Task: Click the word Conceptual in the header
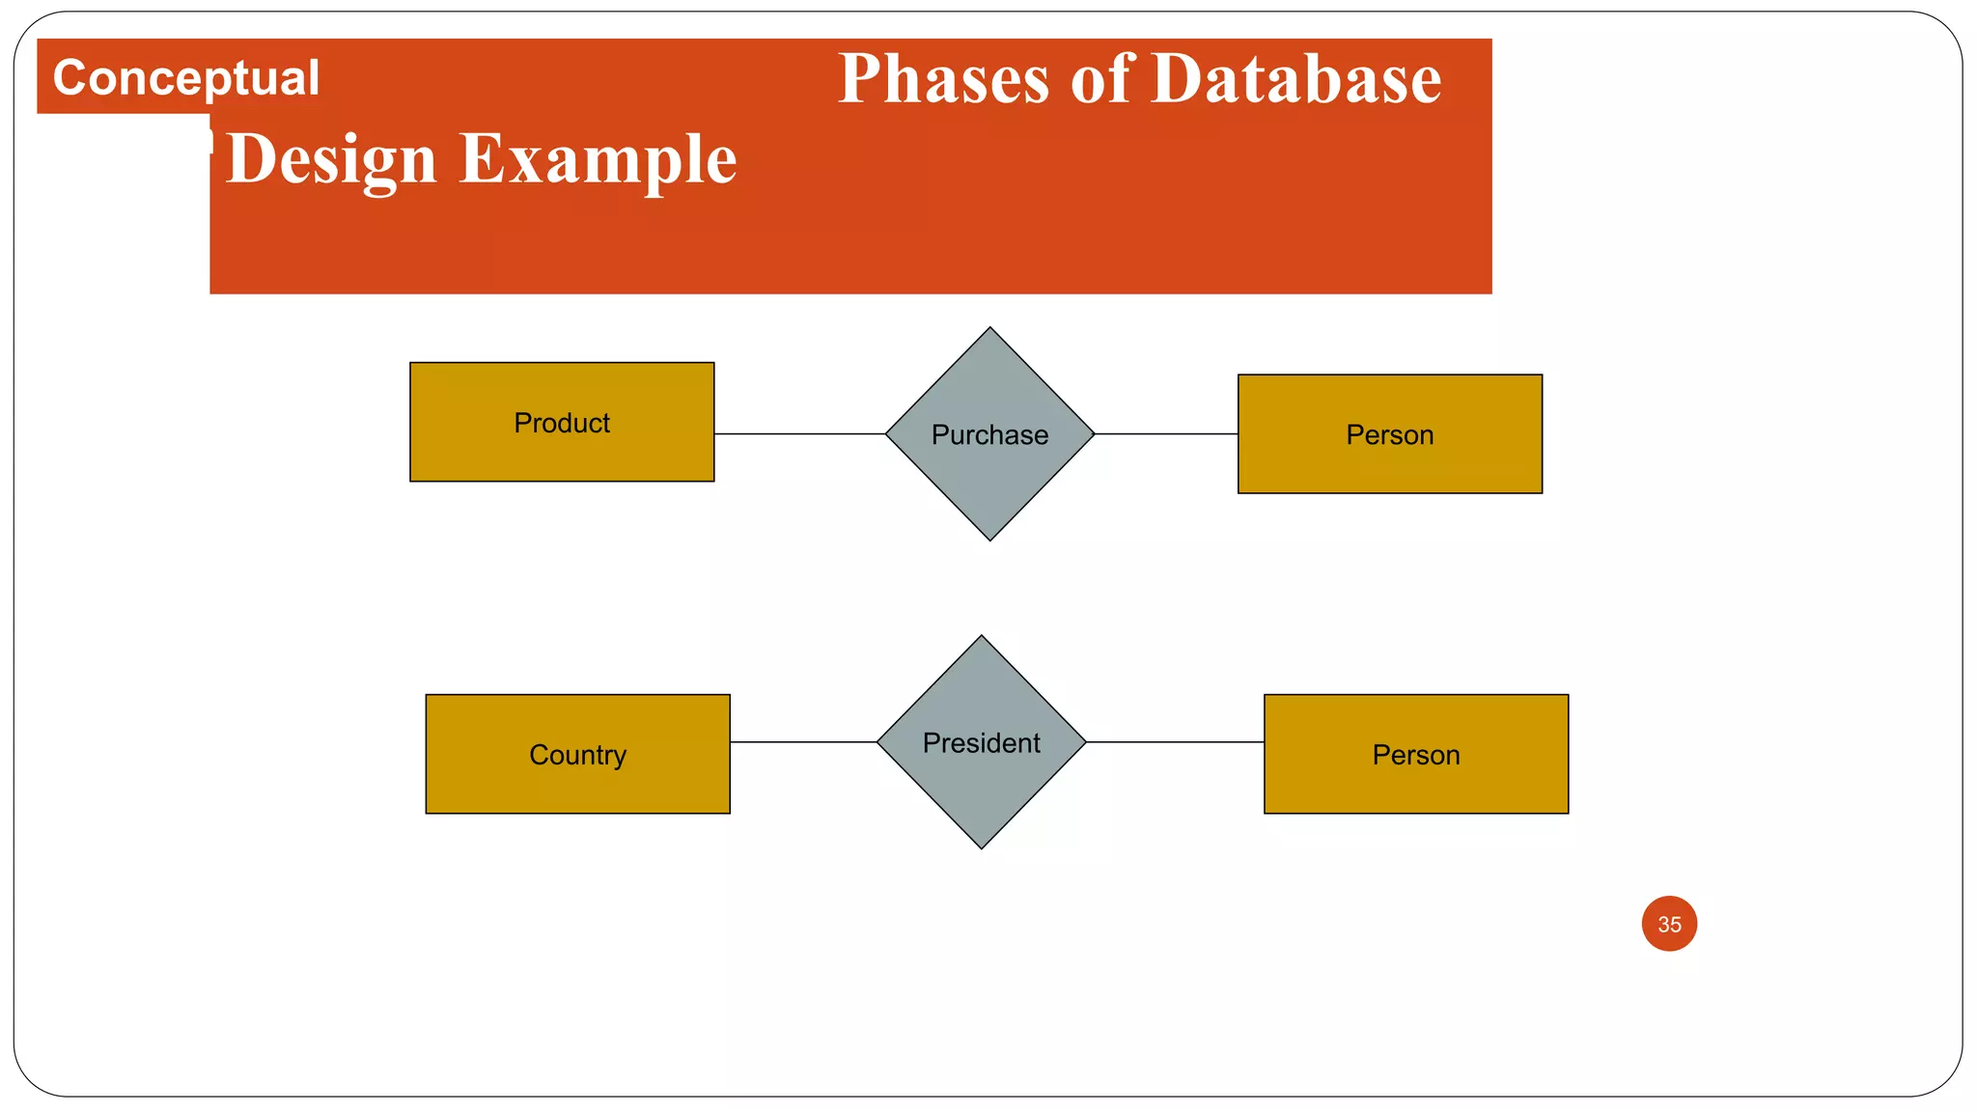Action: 185,77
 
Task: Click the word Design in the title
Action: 331,158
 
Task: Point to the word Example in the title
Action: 598,158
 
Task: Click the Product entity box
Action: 562,454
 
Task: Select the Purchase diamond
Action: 989,473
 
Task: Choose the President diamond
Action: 981,782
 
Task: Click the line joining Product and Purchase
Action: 799,434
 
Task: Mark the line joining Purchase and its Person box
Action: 1166,434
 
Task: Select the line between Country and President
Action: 803,742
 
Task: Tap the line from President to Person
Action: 1175,742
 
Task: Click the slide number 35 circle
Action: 1669,924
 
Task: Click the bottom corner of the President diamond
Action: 982,846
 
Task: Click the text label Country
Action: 577,755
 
